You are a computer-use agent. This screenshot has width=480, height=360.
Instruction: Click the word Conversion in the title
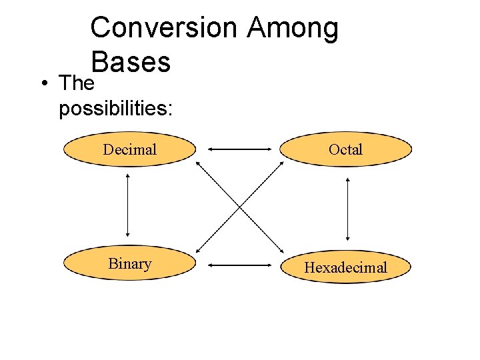[163, 28]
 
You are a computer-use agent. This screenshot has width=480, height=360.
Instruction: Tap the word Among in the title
[293, 28]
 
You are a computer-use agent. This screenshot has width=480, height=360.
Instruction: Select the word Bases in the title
[131, 62]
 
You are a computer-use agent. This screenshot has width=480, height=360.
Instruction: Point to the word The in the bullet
[76, 84]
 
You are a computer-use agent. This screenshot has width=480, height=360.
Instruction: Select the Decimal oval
[129, 149]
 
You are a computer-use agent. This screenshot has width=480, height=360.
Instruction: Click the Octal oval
[345, 149]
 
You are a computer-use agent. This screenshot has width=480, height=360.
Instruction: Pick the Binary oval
[129, 264]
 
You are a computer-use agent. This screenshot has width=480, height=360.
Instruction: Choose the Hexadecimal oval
[345, 267]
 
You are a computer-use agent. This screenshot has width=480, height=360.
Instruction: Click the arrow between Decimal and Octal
[240, 149]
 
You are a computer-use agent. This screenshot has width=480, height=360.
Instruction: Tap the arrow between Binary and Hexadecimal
[240, 265]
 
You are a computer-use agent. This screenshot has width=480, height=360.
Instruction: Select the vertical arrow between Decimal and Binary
[127, 207]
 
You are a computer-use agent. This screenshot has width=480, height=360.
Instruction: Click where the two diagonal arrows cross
[240, 207]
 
